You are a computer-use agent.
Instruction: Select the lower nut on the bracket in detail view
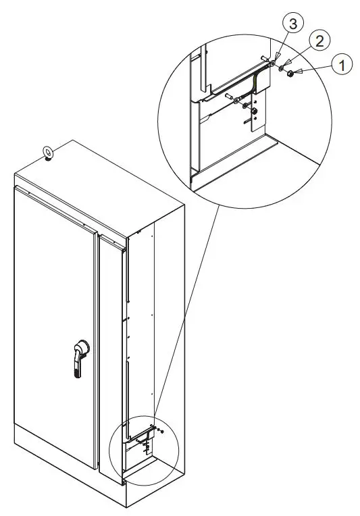[x=254, y=111]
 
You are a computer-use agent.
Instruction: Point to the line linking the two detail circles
[x=182, y=304]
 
